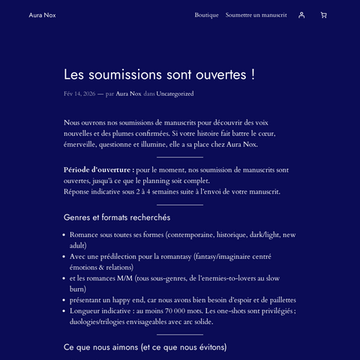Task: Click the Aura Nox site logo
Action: coord(42,15)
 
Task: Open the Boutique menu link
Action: coord(206,15)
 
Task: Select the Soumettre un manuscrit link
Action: coord(256,15)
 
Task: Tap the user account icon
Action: coord(301,15)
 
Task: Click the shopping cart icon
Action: coord(323,15)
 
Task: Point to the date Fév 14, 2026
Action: coord(79,94)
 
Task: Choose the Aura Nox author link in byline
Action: coord(128,94)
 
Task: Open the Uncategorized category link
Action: coord(175,94)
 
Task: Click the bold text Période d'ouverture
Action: coord(99,170)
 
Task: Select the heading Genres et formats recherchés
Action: coord(117,217)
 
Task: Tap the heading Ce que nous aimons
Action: coord(145,347)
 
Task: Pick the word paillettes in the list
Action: coord(279,299)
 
